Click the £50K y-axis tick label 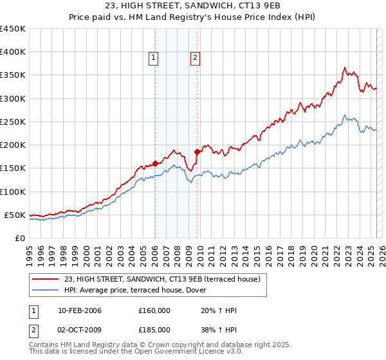(15, 215)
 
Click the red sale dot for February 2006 (156, 163)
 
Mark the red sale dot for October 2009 (197, 152)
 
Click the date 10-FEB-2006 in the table (80, 310)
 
